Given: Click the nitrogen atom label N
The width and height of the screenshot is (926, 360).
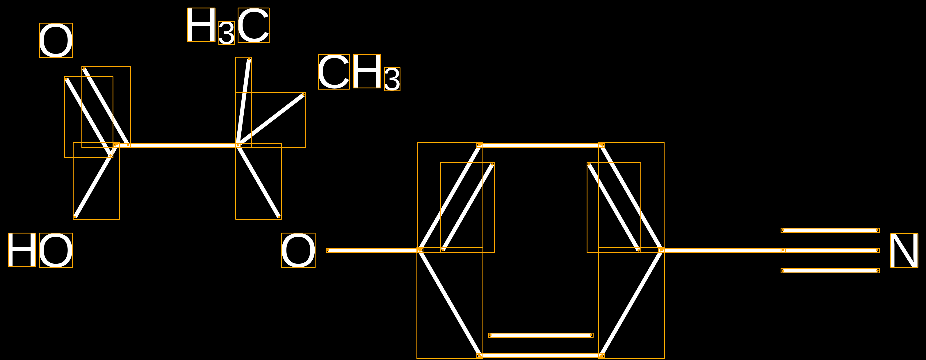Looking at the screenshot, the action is [x=904, y=250].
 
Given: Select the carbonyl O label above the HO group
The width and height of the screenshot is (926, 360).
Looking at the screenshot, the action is [x=56, y=40].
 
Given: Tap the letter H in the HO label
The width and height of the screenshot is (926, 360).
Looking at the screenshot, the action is [x=22, y=250].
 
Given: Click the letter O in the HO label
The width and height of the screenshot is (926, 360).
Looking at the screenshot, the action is [x=56, y=250].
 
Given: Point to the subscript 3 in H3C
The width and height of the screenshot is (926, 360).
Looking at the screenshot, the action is [x=227, y=33].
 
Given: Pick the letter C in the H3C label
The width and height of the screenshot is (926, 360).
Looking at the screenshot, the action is [x=253, y=25].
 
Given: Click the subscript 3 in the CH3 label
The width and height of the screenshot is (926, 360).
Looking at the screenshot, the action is [x=392, y=79].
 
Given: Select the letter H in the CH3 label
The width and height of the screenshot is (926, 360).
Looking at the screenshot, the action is [x=367, y=71].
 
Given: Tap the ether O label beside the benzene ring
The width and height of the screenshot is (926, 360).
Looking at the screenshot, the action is [x=298, y=250].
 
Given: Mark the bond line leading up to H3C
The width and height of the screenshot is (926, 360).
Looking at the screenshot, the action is [x=243, y=102].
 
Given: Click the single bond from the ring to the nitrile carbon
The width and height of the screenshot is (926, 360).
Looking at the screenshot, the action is [x=722, y=250].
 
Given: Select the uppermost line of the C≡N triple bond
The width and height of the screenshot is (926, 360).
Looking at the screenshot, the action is [x=830, y=230].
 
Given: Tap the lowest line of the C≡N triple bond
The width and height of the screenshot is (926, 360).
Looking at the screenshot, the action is [x=830, y=270].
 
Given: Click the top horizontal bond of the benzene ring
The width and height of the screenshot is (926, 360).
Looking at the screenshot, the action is [x=541, y=145].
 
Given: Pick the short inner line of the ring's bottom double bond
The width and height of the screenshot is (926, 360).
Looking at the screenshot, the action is [x=541, y=335].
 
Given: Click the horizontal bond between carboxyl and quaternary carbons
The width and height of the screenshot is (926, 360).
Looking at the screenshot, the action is [x=177, y=145].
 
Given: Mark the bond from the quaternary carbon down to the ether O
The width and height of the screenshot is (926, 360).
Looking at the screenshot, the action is [x=259, y=181].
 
